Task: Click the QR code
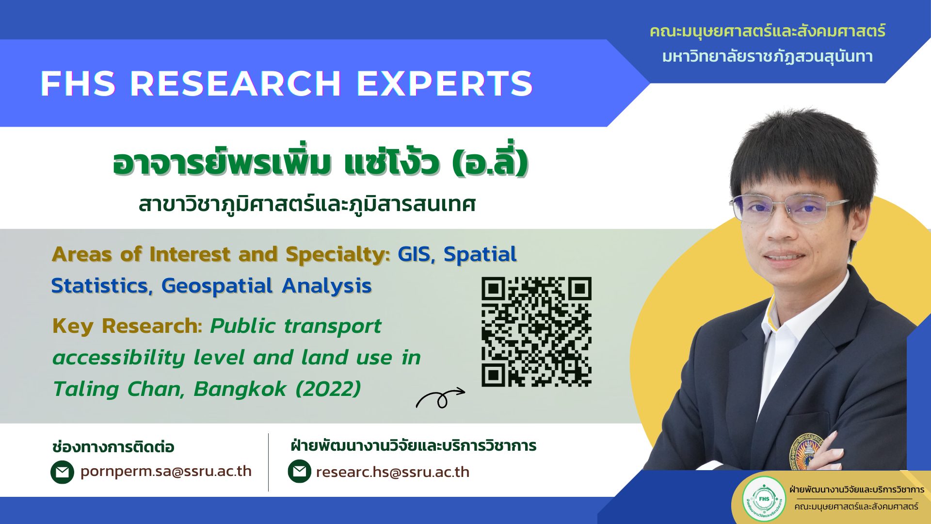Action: coord(536,332)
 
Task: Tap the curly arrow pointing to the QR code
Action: coord(440,399)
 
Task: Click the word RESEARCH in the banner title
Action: coord(236,83)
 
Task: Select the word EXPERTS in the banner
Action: coord(445,83)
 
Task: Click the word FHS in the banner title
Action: coord(78,83)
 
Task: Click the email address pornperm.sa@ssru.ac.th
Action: coord(166,472)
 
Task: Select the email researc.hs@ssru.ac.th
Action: coord(392,472)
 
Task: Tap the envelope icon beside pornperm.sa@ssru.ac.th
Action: coord(62,472)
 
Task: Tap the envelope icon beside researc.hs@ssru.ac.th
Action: coord(299,472)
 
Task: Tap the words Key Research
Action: coord(125,326)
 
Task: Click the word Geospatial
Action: coord(217,286)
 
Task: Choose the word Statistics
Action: coord(100,286)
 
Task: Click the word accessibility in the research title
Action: coord(119,358)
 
